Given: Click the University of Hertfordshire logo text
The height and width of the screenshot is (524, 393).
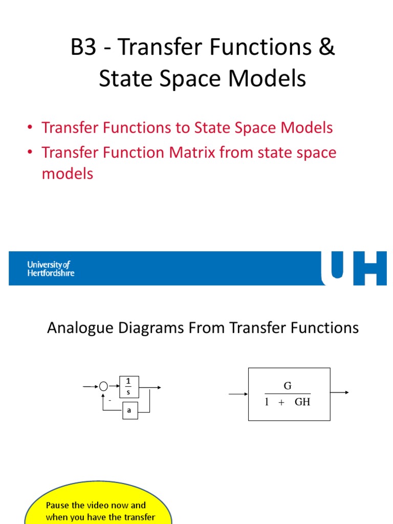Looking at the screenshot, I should pyautogui.click(x=51, y=269).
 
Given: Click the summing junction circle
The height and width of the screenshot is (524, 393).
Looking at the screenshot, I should pyautogui.click(x=103, y=387).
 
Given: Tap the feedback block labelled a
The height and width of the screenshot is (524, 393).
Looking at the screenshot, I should pyautogui.click(x=130, y=411).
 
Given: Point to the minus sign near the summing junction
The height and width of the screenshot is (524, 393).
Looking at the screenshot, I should pyautogui.click(x=110, y=400).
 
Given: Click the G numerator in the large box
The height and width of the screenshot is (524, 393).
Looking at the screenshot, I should pyautogui.click(x=288, y=386).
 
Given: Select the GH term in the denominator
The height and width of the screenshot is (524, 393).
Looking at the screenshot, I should pyautogui.click(x=302, y=402).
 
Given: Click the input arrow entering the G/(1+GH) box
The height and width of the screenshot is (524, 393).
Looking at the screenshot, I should pyautogui.click(x=238, y=395).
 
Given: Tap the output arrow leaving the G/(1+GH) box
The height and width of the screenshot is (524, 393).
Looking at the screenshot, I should pyautogui.click(x=340, y=392).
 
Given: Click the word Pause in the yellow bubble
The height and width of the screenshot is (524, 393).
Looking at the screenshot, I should pyautogui.click(x=57, y=506).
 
